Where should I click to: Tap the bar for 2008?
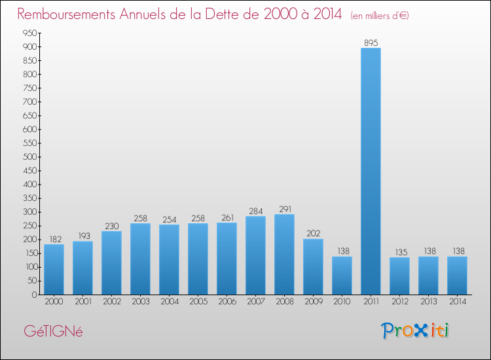tap(284, 255)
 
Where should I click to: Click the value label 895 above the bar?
tap(371, 43)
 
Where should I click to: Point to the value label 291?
tap(284, 209)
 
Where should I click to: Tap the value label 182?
tap(54, 239)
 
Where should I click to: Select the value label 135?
tap(399, 252)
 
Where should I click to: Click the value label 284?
tap(255, 211)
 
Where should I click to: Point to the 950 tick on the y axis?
tap(29, 33)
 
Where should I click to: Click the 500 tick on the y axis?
tap(29, 157)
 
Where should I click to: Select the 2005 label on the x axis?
tap(198, 302)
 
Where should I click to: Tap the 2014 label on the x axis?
tap(457, 302)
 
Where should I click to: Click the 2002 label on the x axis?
tap(111, 302)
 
